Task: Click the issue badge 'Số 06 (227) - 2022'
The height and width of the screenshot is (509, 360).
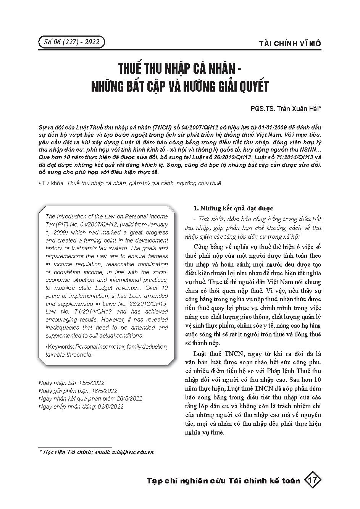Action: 71,42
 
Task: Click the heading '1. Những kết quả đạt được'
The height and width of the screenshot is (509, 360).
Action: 233,208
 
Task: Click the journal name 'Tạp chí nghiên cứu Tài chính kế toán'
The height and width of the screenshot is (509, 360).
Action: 224,481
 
